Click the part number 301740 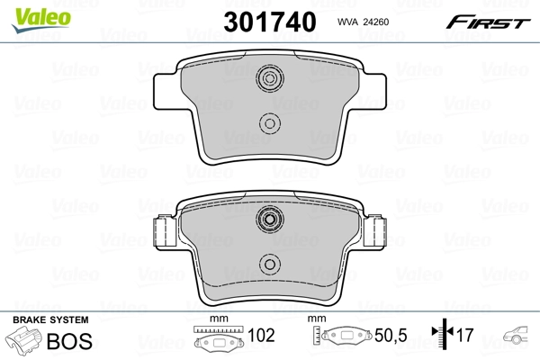[268, 20]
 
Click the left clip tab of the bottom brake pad [165, 232]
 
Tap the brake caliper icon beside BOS [25, 342]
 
